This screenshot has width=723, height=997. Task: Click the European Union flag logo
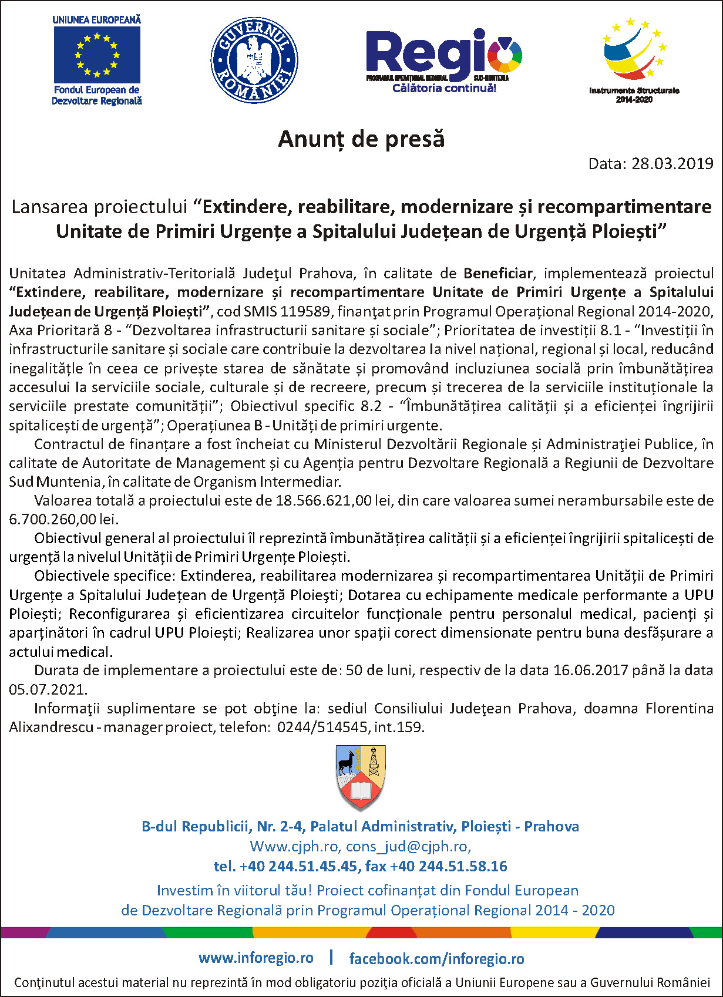97,55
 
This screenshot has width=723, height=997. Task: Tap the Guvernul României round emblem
254,60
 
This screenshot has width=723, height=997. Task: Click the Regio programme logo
443,56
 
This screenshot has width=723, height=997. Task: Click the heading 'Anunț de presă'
361,139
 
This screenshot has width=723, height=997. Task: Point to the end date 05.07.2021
47,689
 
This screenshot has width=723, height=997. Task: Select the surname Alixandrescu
51,727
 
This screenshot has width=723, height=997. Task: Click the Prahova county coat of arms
361,776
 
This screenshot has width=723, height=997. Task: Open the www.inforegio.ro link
256,958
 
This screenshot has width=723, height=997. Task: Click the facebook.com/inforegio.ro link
436,959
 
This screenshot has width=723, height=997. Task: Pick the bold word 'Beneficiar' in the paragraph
498,273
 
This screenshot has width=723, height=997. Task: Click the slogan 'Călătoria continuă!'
444,89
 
